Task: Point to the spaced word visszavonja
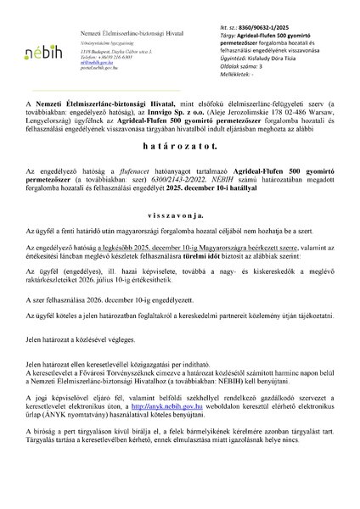click(x=179, y=215)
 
